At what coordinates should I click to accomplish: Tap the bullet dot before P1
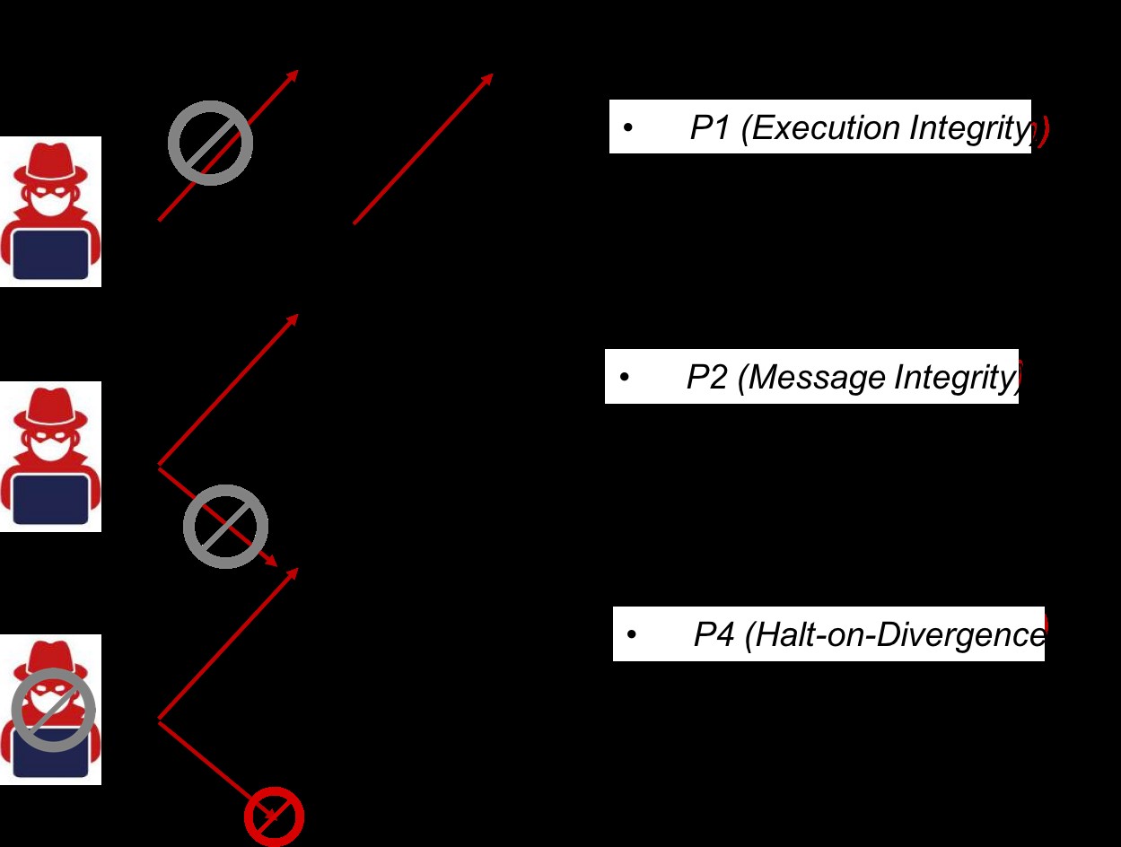tap(628, 129)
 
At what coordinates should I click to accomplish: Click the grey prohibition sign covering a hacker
tap(54, 710)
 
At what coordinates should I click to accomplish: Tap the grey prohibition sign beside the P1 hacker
tap(211, 144)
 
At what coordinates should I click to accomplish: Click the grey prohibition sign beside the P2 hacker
tap(226, 527)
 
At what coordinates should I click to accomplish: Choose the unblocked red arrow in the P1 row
tap(423, 148)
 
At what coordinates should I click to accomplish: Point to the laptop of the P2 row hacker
tap(52, 499)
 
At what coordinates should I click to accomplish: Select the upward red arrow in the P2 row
tap(228, 390)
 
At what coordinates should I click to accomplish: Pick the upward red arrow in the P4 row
tap(228, 644)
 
